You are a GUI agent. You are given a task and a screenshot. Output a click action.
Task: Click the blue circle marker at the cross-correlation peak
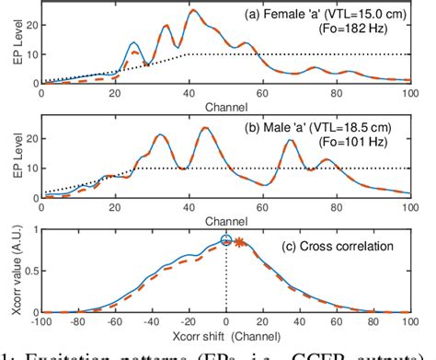[226, 241]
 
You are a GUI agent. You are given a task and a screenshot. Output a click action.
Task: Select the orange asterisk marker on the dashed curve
[239, 243]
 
